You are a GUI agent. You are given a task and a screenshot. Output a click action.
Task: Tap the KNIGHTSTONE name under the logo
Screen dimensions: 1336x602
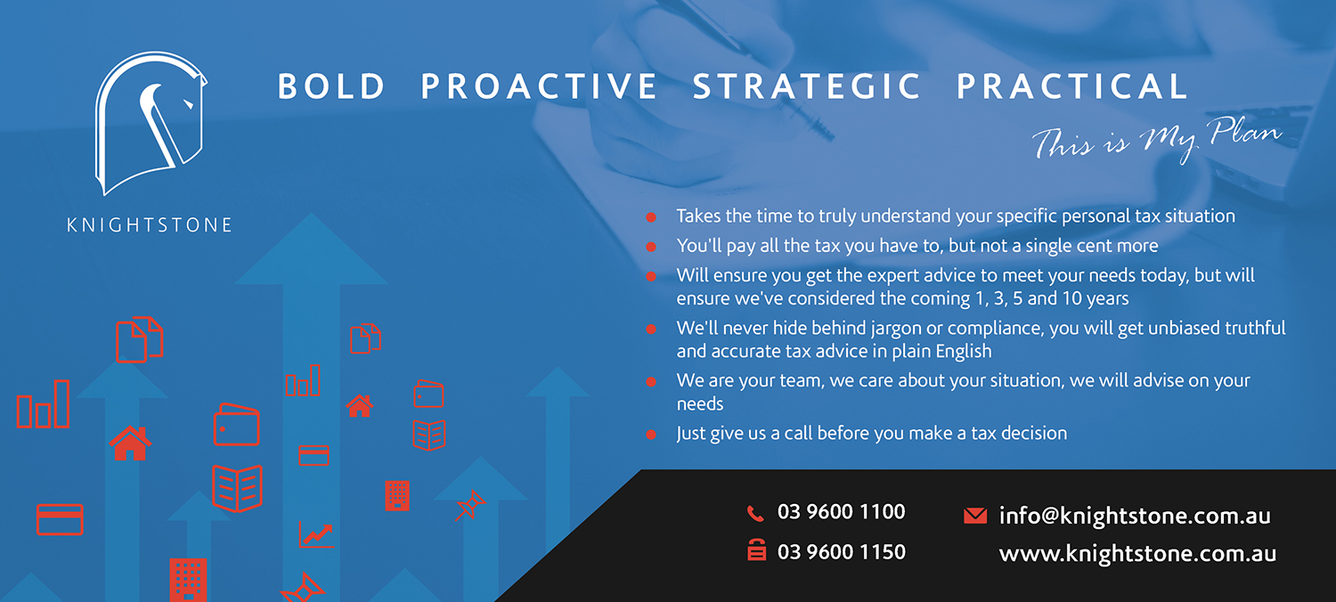coord(149,225)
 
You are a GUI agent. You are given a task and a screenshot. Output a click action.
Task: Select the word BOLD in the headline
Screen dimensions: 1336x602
coord(331,85)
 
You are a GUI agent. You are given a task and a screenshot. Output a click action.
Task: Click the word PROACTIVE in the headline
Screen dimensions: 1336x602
coord(539,85)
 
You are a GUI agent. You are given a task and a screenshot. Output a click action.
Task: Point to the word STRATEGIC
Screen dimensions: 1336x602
coord(806,85)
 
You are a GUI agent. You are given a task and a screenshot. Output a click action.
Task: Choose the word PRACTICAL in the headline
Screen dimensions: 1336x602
coord(1072,85)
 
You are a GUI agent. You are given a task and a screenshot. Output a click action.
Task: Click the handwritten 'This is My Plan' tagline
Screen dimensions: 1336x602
coord(1156,140)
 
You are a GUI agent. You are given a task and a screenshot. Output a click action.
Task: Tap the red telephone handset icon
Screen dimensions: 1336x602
coord(755,513)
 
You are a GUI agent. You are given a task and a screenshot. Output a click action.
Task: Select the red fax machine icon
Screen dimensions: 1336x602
coord(756,550)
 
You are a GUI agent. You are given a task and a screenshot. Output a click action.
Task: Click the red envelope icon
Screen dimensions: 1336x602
coord(975,516)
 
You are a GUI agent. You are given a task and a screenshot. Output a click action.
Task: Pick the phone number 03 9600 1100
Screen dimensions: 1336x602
coord(841,512)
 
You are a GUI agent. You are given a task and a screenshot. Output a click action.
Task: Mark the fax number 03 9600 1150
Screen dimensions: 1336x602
coord(841,552)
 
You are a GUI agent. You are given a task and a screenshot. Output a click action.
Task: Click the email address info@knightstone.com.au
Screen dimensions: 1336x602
coord(1135,516)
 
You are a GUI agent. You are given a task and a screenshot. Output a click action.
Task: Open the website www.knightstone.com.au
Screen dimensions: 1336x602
coord(1137,554)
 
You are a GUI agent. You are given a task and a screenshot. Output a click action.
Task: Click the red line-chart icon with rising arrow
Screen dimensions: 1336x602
coord(316,534)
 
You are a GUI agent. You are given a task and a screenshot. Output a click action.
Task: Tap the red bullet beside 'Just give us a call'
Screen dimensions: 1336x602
coord(651,435)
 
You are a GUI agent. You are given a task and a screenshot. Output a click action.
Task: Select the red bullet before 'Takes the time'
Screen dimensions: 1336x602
coord(651,217)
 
